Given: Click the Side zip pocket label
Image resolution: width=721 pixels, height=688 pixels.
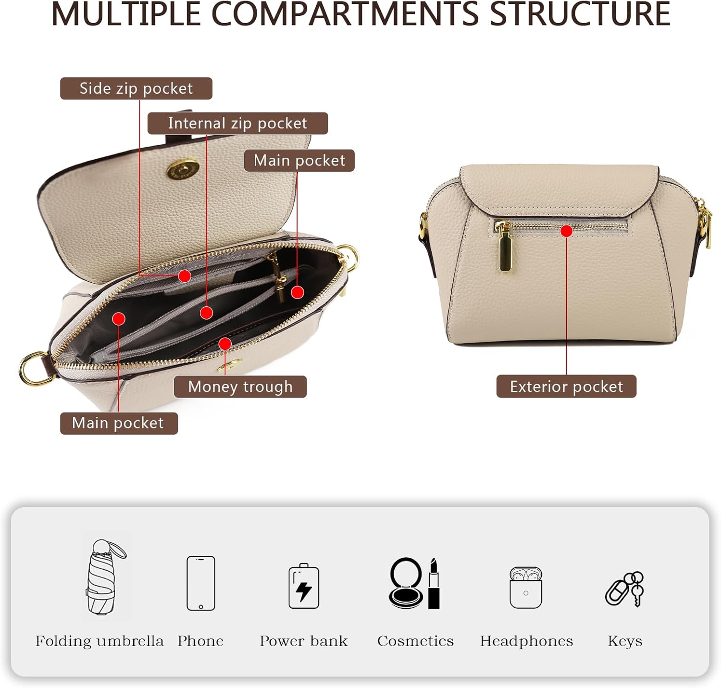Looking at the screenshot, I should (x=136, y=88).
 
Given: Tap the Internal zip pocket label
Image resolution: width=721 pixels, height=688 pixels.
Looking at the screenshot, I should (x=237, y=124).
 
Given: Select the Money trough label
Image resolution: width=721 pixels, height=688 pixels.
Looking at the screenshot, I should (x=240, y=387).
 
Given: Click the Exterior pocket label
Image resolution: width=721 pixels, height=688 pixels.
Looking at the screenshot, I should (x=566, y=387).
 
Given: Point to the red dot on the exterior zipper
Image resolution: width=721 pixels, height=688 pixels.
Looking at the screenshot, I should (x=567, y=231).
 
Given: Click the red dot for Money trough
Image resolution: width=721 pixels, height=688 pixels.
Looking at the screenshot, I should (x=225, y=343).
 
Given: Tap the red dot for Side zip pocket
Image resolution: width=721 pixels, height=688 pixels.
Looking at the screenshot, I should (x=184, y=276).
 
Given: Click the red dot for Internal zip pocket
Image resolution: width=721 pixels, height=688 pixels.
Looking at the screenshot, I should (x=206, y=313).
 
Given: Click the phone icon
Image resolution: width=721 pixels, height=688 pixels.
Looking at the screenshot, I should (x=201, y=583).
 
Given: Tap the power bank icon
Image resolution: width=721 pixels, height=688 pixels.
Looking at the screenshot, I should (x=304, y=586).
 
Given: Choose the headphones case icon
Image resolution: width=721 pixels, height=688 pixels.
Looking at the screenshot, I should (x=526, y=588).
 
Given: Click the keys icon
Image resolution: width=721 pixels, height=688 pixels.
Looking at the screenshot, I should (x=625, y=589).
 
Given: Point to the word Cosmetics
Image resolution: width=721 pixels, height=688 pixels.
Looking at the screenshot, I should (x=415, y=641).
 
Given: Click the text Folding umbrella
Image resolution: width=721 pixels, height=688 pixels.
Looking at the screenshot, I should (x=99, y=641).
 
